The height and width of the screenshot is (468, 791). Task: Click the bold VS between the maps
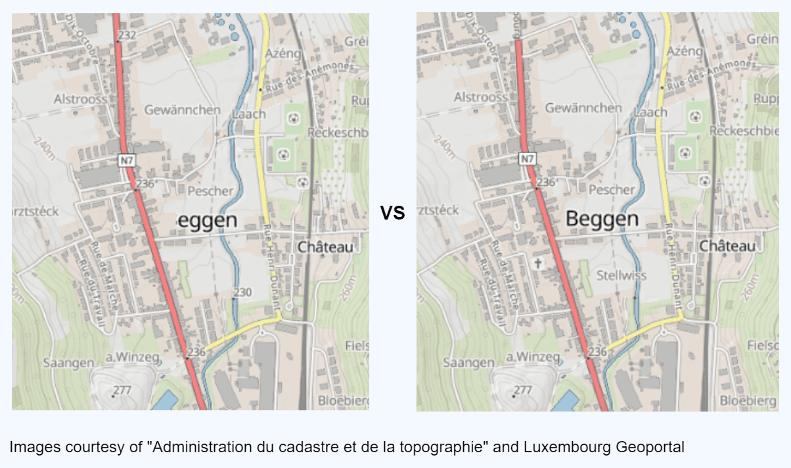[x=392, y=212]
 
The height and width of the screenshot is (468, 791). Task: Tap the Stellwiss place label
[x=621, y=275]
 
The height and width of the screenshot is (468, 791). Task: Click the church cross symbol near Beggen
[x=538, y=264]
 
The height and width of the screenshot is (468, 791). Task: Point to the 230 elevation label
[x=243, y=292]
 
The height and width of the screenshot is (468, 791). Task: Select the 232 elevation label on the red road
[x=126, y=35]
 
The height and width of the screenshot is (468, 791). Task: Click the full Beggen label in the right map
[x=602, y=219]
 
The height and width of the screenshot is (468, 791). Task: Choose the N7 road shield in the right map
[x=527, y=158]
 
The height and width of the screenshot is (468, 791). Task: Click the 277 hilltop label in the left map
[x=122, y=390]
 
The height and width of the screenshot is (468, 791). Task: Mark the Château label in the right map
[x=727, y=246]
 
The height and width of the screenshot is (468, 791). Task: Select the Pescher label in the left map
[x=210, y=191]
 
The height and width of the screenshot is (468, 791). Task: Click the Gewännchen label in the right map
[x=583, y=108]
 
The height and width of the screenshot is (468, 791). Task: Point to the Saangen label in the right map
[x=468, y=362]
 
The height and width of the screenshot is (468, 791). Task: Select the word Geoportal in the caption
[x=650, y=448]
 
